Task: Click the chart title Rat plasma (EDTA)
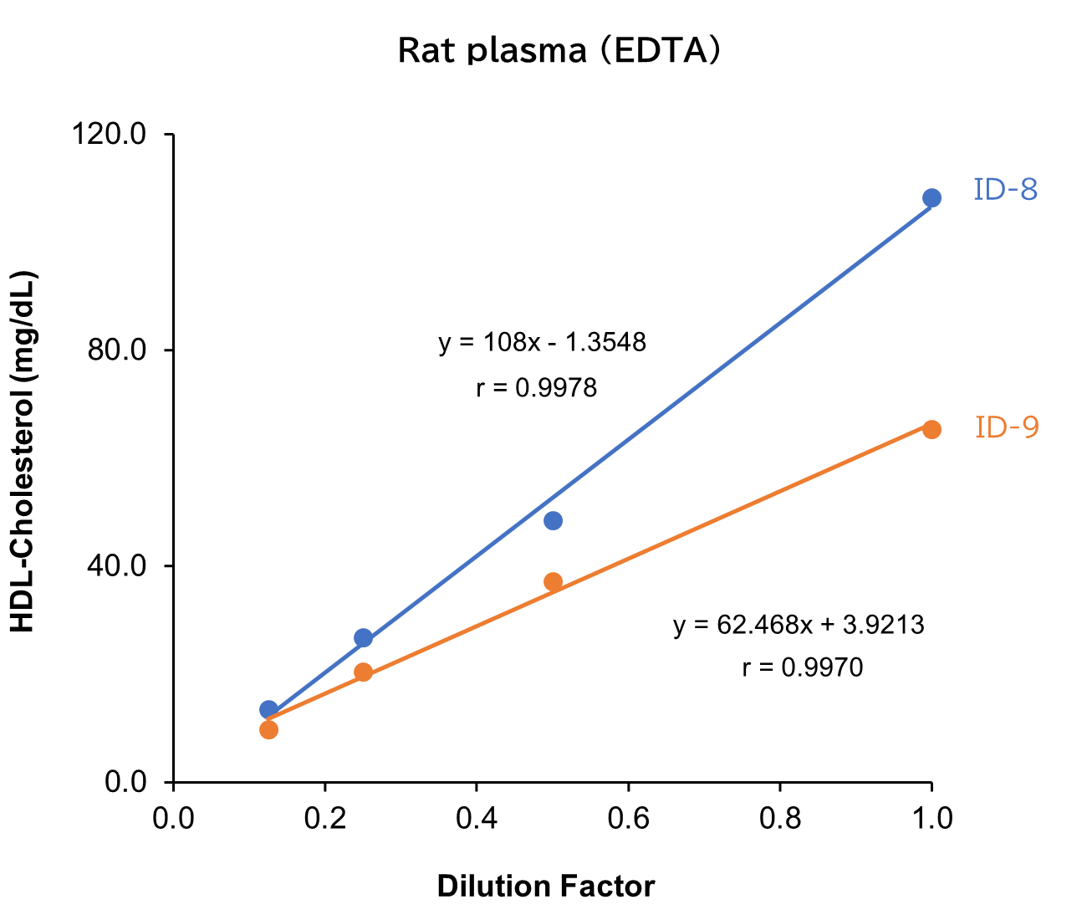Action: tap(558, 51)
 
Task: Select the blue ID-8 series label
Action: tap(1005, 191)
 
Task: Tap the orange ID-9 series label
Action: tap(1007, 428)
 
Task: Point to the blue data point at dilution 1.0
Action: tap(931, 198)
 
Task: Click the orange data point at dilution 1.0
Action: tap(931, 429)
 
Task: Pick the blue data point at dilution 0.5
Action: tap(553, 520)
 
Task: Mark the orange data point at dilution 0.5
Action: tap(553, 581)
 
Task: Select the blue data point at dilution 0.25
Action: tap(363, 637)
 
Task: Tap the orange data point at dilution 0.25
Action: tap(363, 672)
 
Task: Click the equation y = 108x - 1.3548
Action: tap(542, 343)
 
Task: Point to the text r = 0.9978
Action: tap(536, 388)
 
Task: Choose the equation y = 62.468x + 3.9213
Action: tap(799, 625)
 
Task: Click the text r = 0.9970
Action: tap(802, 667)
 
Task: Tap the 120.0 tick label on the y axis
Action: tap(109, 135)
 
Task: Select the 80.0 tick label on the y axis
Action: tap(116, 350)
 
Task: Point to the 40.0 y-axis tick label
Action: tap(116, 566)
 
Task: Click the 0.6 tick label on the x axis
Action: tap(628, 818)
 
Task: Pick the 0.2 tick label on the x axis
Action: tap(324, 818)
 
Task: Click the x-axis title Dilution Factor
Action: tap(545, 887)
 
